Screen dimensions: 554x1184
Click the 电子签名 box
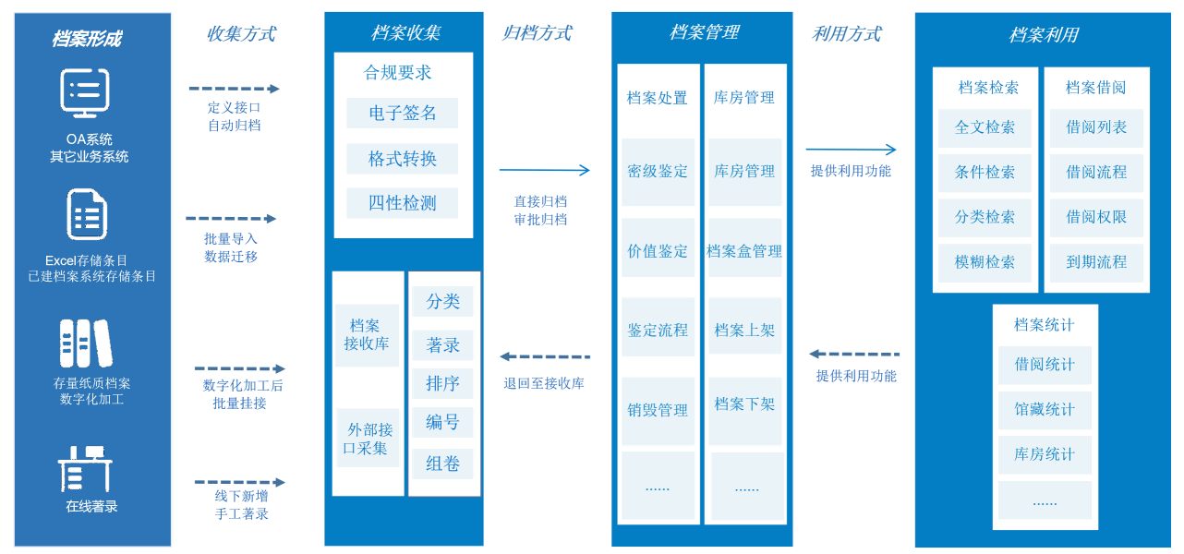click(402, 114)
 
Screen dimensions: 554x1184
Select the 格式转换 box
click(402, 159)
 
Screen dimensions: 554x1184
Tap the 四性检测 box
click(402, 203)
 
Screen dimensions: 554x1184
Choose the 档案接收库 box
click(367, 335)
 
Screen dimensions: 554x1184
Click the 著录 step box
click(442, 345)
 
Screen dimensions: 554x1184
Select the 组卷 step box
click(442, 464)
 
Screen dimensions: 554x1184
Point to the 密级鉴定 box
click(658, 172)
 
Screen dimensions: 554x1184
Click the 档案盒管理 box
click(744, 251)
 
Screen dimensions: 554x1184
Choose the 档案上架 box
click(744, 331)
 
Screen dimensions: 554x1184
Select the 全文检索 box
click(985, 128)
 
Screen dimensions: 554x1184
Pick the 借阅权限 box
click(1096, 217)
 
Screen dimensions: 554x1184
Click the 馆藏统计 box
click(1045, 410)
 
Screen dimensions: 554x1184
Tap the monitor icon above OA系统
click(85, 93)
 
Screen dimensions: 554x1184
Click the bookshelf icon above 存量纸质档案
click(86, 343)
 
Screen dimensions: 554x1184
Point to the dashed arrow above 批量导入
click(231, 219)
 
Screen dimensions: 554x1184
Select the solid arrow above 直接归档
click(544, 170)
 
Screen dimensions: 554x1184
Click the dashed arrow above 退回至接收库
click(544, 356)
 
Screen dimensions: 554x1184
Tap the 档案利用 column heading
click(1044, 35)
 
